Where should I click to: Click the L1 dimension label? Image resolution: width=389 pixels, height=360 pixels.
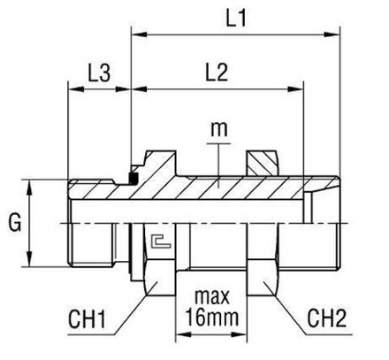pos(235,17)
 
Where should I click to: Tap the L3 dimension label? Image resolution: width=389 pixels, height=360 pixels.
pos(98,73)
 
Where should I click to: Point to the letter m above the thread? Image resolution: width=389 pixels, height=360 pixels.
pos(218,130)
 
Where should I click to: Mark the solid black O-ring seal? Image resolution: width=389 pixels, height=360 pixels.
pos(135,178)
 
